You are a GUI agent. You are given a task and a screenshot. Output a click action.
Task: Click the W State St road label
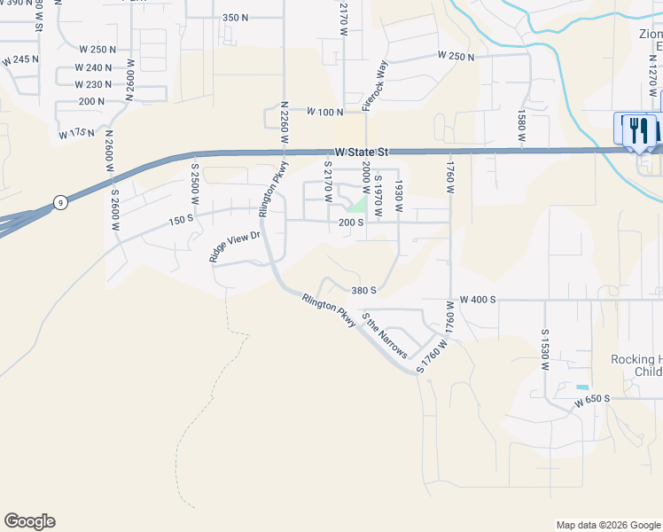pos(363,152)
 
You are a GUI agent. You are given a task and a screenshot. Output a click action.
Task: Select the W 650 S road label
pos(592,402)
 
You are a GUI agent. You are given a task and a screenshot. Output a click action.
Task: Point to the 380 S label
pos(363,290)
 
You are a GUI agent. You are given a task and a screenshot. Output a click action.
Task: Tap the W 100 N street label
pos(324,112)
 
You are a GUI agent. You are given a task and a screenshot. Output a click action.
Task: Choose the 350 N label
pos(235,18)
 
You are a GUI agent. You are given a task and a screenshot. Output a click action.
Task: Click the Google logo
pos(29,521)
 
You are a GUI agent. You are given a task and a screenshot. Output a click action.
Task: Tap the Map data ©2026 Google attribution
pos(607,525)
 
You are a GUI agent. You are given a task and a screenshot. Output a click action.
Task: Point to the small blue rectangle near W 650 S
pos(581,387)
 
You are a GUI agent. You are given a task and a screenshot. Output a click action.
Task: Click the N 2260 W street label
pos(285,127)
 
